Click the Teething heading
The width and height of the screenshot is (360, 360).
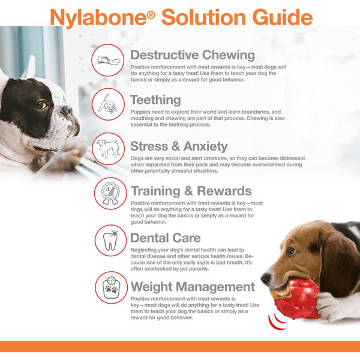pos(155,100)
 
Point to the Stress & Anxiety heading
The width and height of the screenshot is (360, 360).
pos(179,146)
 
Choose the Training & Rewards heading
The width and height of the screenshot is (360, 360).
pos(191,191)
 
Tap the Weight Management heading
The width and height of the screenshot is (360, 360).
pos(193,286)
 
